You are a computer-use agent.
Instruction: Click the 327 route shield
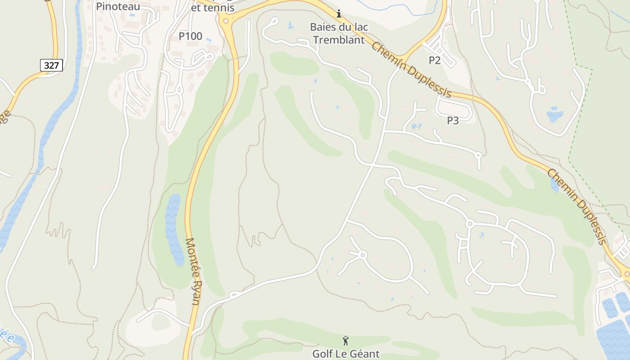[52, 65]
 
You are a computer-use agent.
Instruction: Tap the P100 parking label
[190, 36]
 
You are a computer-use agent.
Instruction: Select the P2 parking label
[434, 60]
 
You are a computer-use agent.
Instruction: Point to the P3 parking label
[453, 121]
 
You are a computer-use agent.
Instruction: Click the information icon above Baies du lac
[339, 13]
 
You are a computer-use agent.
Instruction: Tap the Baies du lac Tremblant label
[339, 33]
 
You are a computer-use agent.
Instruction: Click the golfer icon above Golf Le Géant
[346, 341]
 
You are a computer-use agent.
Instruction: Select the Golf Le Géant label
[346, 354]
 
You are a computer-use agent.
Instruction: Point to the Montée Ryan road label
[193, 271]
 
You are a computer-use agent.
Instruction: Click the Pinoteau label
[118, 6]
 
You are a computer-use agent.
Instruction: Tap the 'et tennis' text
[213, 8]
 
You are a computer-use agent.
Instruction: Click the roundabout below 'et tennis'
[225, 21]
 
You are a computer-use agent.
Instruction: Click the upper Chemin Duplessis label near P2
[411, 70]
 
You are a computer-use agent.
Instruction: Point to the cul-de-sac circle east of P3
[478, 155]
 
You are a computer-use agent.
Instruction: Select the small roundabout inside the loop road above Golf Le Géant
[363, 255]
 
